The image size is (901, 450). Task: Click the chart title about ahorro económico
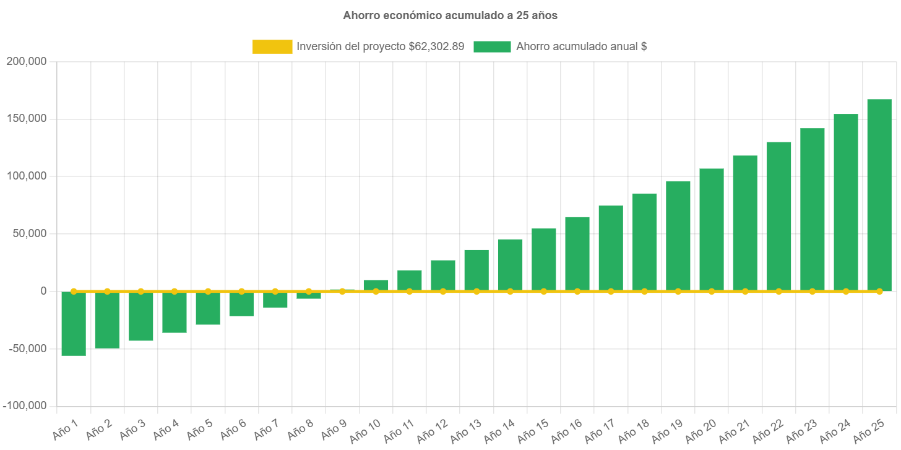click(x=450, y=16)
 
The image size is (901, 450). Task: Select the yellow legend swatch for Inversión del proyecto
click(x=272, y=46)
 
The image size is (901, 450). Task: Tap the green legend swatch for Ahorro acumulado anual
click(x=492, y=46)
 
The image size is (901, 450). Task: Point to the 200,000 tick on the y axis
click(x=26, y=61)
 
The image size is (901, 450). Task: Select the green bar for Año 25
click(x=879, y=195)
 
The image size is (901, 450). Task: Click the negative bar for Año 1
click(x=74, y=324)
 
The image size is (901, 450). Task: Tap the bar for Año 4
click(x=174, y=313)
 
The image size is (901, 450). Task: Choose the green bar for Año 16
click(x=577, y=254)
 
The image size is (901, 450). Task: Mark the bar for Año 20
click(x=711, y=230)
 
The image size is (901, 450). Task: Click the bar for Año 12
click(x=442, y=275)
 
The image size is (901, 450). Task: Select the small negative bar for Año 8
click(x=308, y=295)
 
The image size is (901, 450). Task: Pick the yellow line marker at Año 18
click(x=644, y=291)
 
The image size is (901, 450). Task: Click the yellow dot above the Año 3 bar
click(x=140, y=291)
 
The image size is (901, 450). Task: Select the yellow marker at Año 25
click(x=879, y=291)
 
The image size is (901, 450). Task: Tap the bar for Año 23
click(x=812, y=210)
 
